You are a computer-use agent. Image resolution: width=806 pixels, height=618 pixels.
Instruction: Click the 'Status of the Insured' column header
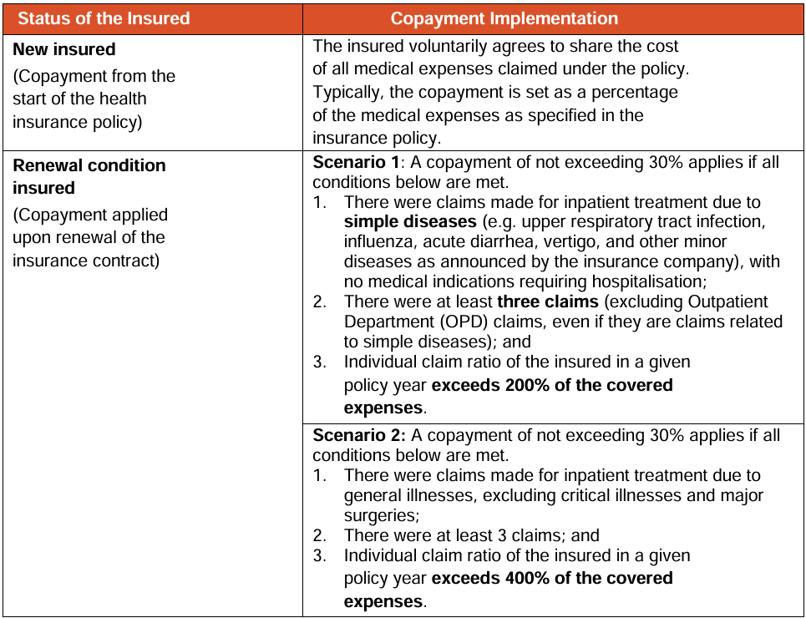coord(104,18)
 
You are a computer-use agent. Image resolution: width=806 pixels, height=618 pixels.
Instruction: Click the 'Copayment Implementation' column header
coord(504,18)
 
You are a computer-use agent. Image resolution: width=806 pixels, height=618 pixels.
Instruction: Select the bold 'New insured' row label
coord(64,49)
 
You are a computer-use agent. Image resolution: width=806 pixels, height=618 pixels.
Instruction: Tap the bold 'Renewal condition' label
coord(89,165)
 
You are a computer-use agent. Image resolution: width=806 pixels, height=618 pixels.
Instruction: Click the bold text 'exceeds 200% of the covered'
coord(552,385)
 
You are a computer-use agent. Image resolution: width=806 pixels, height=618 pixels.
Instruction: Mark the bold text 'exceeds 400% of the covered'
coord(552,578)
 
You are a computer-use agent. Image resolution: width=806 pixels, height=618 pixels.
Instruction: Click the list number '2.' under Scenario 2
coord(320,535)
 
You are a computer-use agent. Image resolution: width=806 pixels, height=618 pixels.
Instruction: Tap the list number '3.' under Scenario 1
coord(320,362)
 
